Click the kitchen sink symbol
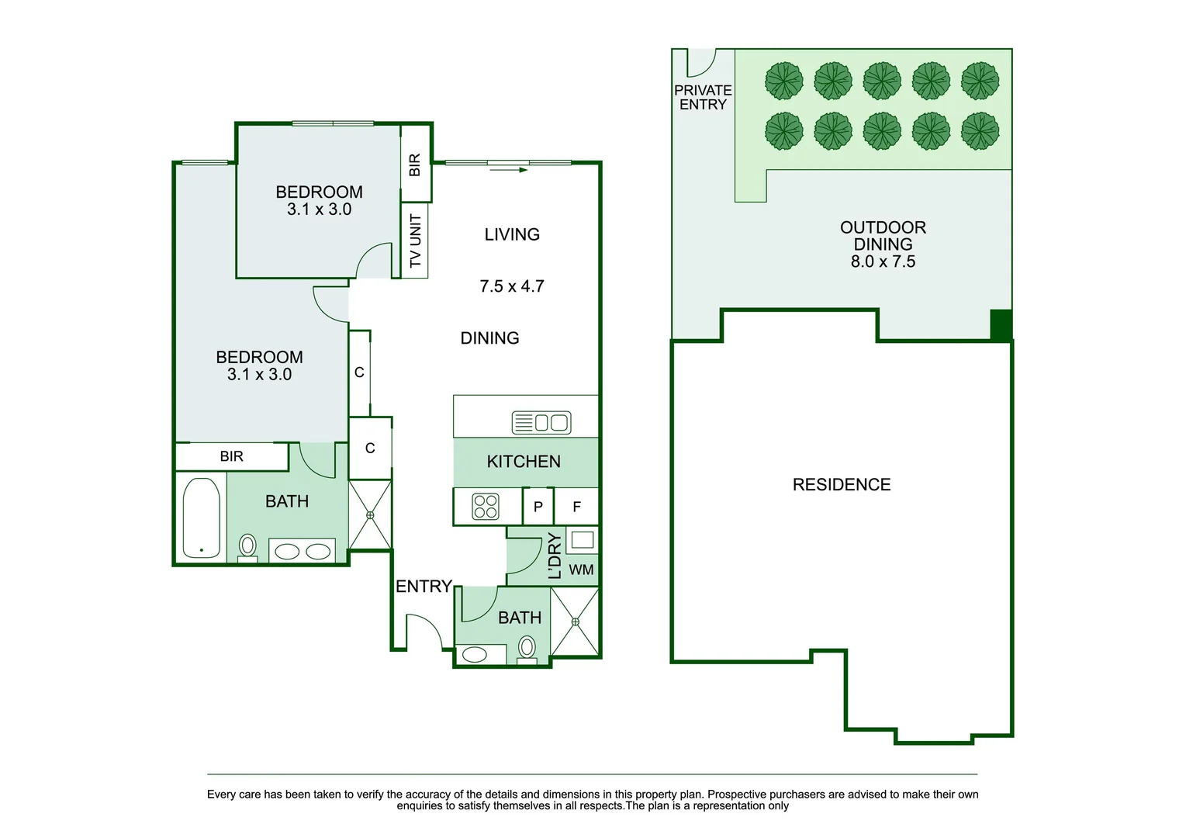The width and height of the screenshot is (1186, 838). click(x=541, y=423)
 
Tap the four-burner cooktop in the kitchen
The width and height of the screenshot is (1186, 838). click(x=486, y=507)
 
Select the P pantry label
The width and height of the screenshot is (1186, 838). click(x=538, y=507)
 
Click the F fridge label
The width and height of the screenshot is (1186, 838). click(x=576, y=507)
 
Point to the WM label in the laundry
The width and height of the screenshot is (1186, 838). click(x=581, y=570)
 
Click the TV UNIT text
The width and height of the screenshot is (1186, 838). click(x=415, y=241)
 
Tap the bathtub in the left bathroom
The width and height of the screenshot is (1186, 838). click(x=201, y=518)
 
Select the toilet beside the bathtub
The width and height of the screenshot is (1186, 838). click(x=247, y=547)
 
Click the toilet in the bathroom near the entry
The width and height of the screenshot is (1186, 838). click(x=527, y=648)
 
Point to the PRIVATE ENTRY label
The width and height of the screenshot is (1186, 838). click(x=703, y=98)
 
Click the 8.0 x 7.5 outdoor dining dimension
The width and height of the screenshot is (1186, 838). click(x=883, y=262)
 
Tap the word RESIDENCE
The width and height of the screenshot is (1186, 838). click(x=842, y=485)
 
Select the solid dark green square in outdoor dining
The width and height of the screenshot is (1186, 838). click(x=1001, y=324)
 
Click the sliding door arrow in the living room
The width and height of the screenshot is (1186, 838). click(x=509, y=170)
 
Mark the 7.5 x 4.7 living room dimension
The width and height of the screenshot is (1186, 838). click(x=512, y=286)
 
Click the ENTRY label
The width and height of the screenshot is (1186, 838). click(x=424, y=587)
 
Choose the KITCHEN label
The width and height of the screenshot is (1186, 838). click(x=524, y=462)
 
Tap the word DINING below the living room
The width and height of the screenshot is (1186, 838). click(x=489, y=338)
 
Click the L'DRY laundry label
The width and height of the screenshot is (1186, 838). click(x=554, y=556)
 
